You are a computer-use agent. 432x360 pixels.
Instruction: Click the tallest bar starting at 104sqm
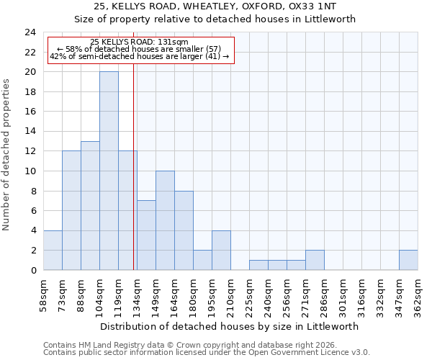click(109, 171)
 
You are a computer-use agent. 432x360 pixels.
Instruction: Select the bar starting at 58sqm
click(53, 250)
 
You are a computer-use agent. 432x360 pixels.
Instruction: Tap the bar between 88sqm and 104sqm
click(90, 205)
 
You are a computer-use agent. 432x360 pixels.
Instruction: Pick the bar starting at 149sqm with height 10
click(165, 220)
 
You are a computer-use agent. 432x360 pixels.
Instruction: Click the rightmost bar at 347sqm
click(408, 260)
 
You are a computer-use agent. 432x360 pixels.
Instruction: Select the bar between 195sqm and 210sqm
click(221, 250)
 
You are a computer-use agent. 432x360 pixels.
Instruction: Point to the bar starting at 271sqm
click(315, 260)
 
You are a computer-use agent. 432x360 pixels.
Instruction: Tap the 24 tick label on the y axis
click(30, 32)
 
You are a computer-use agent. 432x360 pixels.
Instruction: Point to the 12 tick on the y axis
click(30, 151)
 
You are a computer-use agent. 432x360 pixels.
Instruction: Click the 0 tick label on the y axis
click(33, 270)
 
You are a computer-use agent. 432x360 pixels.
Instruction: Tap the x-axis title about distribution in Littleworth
click(230, 326)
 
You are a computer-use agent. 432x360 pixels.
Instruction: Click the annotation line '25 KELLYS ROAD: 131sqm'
click(140, 42)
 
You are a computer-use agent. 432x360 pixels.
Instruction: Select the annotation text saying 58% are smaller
click(140, 49)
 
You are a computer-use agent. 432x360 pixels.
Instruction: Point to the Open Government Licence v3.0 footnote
click(207, 353)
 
